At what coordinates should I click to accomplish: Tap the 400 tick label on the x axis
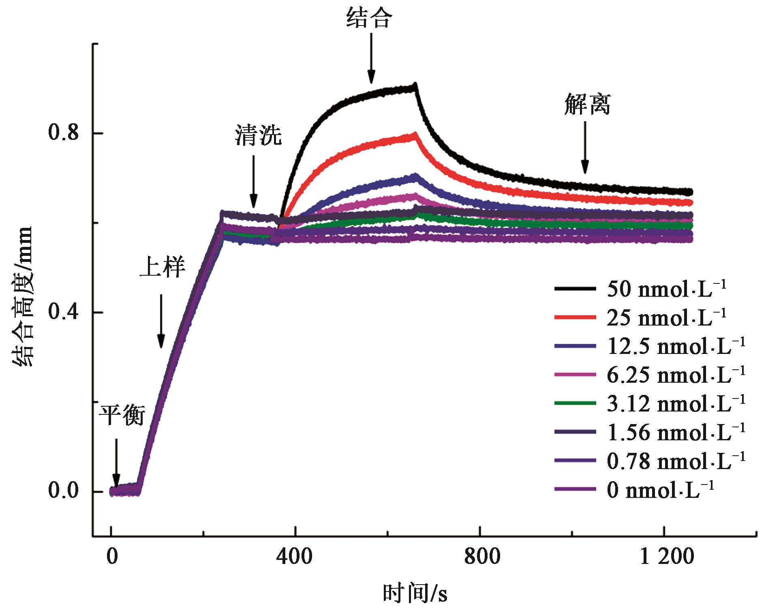click(x=295, y=557)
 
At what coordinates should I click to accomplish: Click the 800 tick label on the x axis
click(x=480, y=557)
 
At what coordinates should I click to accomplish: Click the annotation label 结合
click(x=369, y=19)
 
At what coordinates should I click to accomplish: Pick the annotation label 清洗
click(x=258, y=136)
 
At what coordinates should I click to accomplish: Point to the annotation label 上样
click(x=162, y=268)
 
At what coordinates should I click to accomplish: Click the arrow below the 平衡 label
click(x=116, y=462)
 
